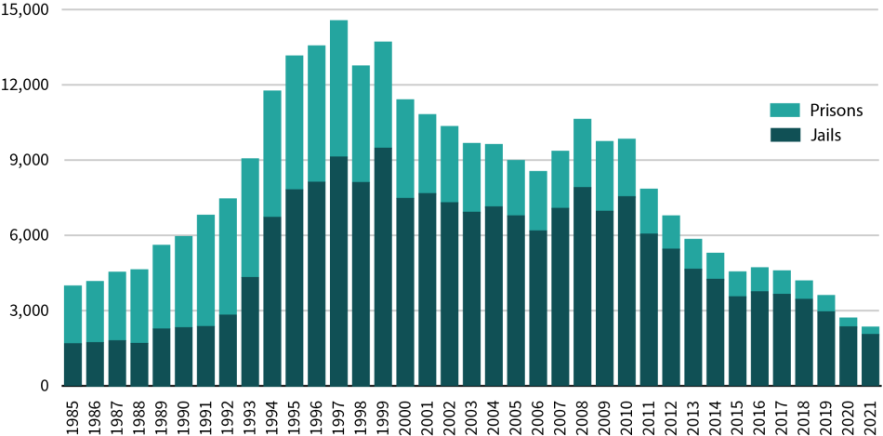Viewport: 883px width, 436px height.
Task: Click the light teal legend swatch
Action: tap(784, 110)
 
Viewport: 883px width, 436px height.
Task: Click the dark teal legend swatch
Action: tap(784, 135)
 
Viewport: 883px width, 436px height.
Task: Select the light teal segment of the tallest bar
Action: tap(338, 88)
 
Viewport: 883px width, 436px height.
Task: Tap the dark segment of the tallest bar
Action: tap(338, 270)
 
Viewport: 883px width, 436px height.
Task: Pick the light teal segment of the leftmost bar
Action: tap(72, 313)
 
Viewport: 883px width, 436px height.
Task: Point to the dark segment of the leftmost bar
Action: tap(72, 363)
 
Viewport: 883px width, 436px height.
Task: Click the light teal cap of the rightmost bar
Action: tap(870, 329)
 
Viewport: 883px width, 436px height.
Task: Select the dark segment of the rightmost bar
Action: tap(870, 359)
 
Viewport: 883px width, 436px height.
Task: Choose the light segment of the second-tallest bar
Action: tap(383, 94)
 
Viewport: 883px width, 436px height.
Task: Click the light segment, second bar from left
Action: tap(95, 311)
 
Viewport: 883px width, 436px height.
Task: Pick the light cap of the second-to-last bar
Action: tap(848, 322)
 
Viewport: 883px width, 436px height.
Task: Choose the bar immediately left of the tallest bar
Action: tap(317, 214)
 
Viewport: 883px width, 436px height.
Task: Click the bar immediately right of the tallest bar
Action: tap(361, 223)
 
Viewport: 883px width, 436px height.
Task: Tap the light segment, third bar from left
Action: tap(117, 306)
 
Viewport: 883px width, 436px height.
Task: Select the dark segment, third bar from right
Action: tap(825, 348)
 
